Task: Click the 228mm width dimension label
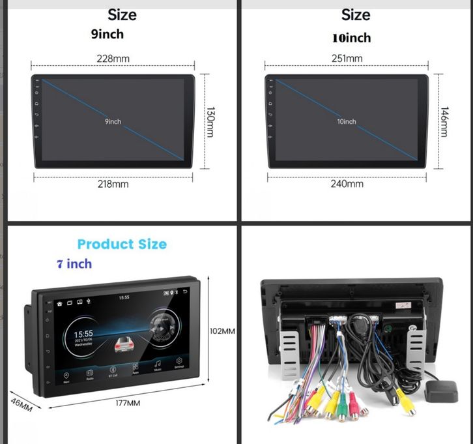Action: [113, 59]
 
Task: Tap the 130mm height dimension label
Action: [210, 122]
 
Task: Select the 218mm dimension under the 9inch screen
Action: [113, 184]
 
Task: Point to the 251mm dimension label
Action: [347, 59]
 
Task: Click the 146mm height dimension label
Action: [444, 122]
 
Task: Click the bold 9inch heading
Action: [107, 34]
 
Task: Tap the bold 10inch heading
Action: [351, 37]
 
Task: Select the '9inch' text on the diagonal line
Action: [113, 121]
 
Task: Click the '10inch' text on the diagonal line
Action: [347, 121]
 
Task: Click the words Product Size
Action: [122, 244]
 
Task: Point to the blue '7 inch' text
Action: [74, 264]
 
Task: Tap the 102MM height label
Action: [222, 331]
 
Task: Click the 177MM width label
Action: [128, 404]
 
